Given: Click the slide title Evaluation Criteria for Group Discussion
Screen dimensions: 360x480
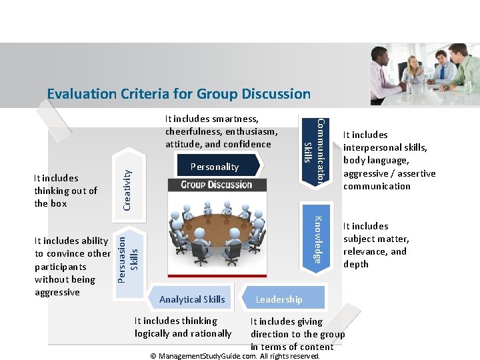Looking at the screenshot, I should pos(179,93).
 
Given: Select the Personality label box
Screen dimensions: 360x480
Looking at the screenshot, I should pos(214,167).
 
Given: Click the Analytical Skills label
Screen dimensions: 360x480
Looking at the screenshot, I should pos(192,299).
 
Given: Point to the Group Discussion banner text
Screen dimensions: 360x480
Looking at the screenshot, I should pos(216,185).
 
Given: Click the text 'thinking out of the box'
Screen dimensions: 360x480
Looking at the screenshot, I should pos(65,197).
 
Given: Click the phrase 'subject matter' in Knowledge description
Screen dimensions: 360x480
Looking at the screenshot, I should pos(375,239).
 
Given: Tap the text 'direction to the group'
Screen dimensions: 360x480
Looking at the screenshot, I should pos(297,334).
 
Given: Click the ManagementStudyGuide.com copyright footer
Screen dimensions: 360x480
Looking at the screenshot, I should pos(235,356).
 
